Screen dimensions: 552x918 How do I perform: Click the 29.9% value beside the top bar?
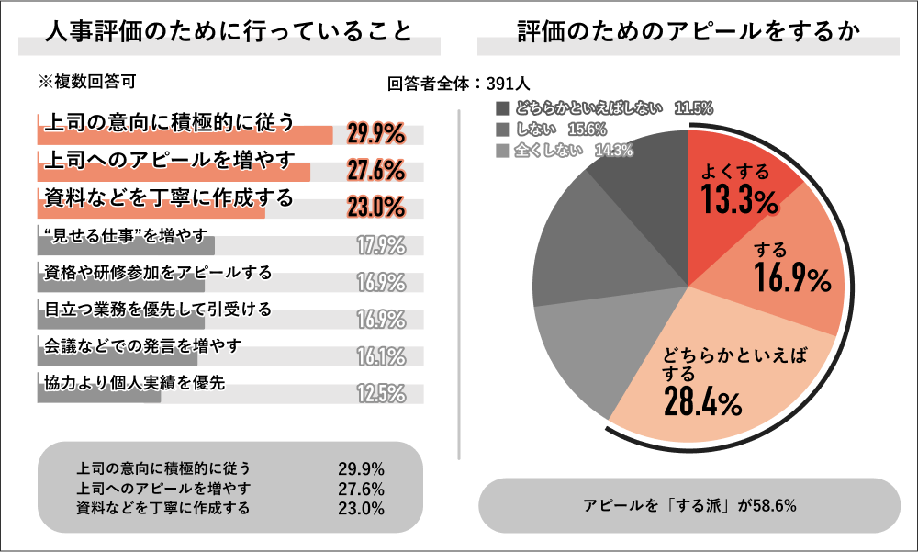(375, 134)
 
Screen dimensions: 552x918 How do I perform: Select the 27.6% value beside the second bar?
(375, 171)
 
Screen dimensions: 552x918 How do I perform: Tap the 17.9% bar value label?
(381, 245)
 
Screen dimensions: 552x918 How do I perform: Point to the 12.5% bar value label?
(381, 394)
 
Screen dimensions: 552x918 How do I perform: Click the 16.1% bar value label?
(381, 357)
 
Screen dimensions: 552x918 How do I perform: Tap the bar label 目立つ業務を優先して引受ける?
(157, 309)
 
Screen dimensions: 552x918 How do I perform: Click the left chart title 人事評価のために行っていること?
(229, 32)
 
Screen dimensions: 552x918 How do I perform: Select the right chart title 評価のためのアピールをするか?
(688, 32)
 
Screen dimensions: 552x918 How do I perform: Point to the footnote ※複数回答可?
(87, 82)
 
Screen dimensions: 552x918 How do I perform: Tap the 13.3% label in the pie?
(740, 197)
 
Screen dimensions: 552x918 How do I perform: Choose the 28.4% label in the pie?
(701, 400)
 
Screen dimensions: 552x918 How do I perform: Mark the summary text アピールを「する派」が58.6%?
(688, 505)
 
